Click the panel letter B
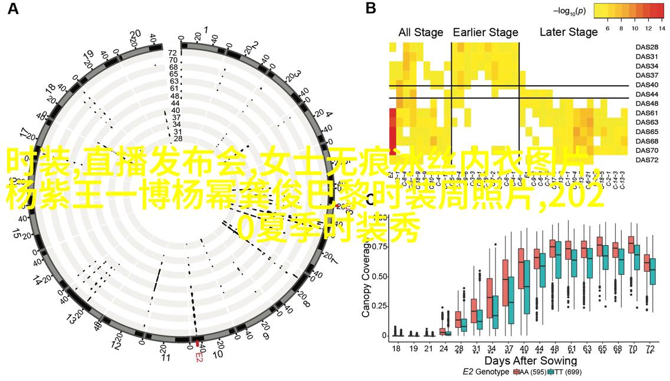coord(371,9)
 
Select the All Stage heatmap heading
coord(421,32)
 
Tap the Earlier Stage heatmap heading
coord(485,32)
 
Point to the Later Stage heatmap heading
coord(569,32)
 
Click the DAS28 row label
coord(648,47)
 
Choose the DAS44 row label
coord(648,94)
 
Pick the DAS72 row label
coord(648,160)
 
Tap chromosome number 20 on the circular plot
coord(135,34)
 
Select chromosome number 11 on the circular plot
coord(165,357)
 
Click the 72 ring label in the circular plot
coord(173,53)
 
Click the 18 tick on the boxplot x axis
coord(396,349)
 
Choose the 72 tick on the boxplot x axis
coord(649,349)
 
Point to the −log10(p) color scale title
coord(569,11)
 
